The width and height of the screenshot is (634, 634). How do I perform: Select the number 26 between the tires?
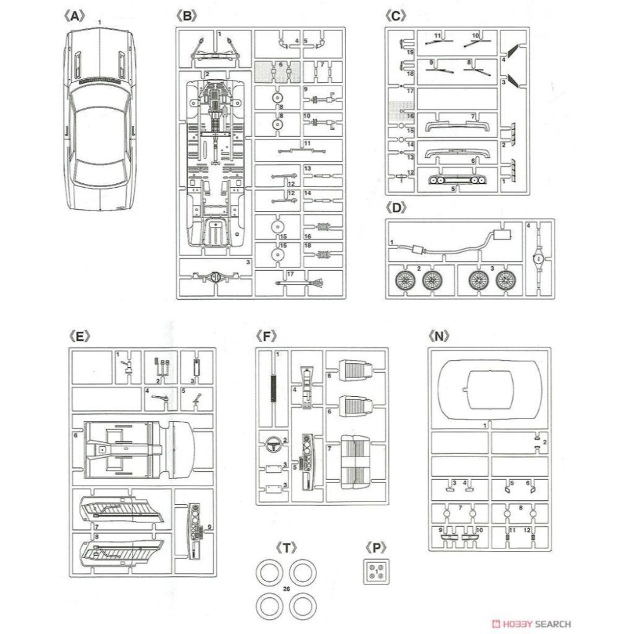286,589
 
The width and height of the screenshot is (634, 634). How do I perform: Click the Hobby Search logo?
532,624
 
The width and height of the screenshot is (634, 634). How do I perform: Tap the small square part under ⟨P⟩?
377,573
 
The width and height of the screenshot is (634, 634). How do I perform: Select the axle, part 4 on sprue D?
538,258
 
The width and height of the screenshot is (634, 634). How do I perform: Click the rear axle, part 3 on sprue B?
216,277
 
